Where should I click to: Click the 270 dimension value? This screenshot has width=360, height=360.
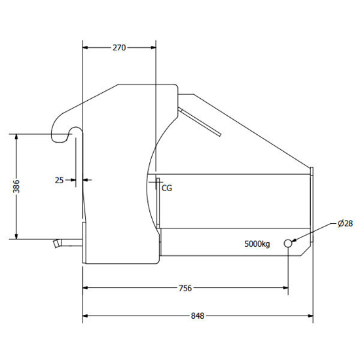119,48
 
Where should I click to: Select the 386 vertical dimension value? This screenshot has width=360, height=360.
16,186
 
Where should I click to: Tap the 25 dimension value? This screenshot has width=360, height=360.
59,180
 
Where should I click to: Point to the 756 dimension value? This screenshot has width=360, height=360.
185,288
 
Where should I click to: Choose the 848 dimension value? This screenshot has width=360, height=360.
198,315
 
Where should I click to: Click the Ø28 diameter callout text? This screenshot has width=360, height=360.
345,223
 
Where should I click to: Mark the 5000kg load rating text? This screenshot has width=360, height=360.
257,244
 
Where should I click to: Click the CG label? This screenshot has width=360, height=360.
167,188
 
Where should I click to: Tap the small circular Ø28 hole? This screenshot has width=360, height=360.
288,243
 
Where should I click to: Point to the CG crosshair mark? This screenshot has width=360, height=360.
156,182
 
